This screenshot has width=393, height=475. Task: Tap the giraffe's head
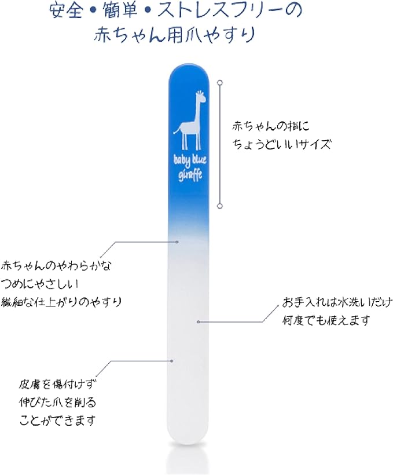point(199,97)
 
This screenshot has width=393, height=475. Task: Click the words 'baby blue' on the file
point(190,160)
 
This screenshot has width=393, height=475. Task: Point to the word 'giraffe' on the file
point(189,175)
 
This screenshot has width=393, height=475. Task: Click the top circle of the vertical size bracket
point(220,82)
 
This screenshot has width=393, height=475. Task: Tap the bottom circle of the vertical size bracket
point(220,206)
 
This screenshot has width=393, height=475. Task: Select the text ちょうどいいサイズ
point(281,143)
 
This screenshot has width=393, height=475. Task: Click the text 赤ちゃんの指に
point(270,126)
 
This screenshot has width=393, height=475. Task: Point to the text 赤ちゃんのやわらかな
point(56,266)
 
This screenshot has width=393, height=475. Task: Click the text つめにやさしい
point(40,284)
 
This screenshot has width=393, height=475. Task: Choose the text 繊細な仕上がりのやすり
point(61,302)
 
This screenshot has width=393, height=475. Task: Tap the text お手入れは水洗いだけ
point(337,302)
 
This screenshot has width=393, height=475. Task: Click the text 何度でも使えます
point(326,320)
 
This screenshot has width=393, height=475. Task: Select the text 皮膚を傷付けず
point(57,385)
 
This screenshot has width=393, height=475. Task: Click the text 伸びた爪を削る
point(57,403)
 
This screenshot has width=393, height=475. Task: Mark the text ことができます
point(57,421)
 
